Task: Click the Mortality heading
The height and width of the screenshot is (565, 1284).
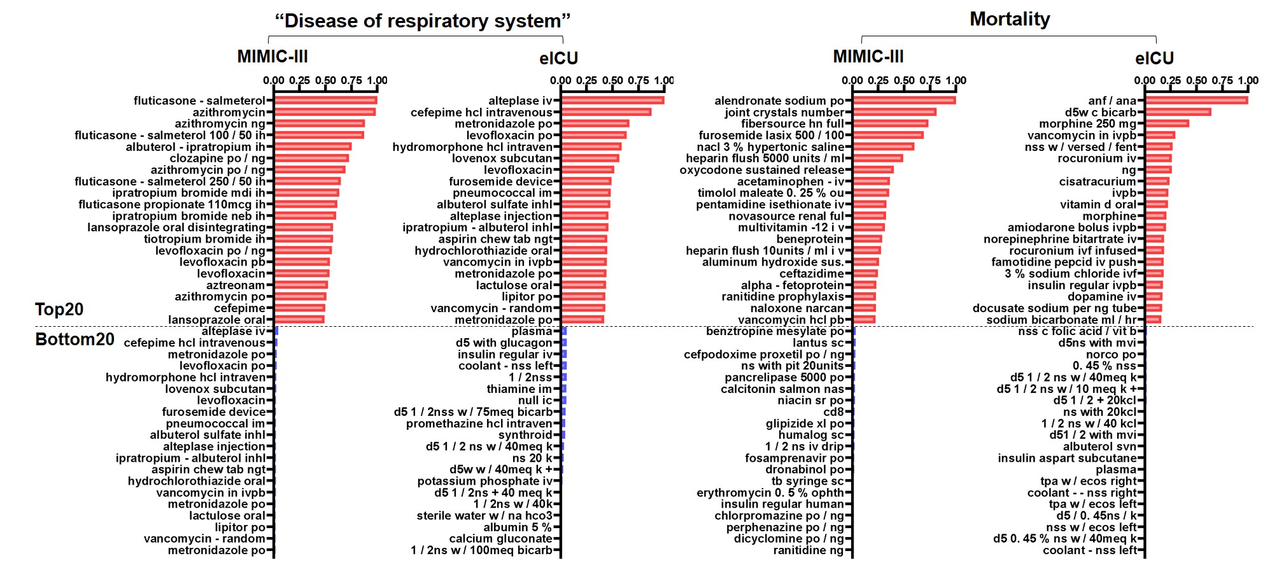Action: (1009, 19)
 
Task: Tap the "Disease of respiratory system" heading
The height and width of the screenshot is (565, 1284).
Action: (422, 21)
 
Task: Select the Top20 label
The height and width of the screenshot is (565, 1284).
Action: (59, 309)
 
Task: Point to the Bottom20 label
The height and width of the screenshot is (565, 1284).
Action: (74, 339)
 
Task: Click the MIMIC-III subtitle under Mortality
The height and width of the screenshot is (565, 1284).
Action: (868, 57)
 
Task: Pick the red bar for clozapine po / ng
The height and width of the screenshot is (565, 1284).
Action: (311, 158)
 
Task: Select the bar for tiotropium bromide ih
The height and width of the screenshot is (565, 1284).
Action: (304, 239)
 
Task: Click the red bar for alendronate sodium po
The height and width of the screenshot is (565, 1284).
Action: (904, 100)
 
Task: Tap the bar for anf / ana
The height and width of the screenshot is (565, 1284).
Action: (1196, 100)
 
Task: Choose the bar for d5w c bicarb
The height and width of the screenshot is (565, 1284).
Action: (1178, 112)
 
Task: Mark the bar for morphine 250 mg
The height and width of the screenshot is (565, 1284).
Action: (1167, 124)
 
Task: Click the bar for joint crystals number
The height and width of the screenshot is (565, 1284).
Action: (894, 112)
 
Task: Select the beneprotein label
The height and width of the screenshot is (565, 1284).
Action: (810, 239)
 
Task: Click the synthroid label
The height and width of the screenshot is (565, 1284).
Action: (525, 435)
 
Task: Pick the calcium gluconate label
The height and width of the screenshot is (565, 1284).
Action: (500, 539)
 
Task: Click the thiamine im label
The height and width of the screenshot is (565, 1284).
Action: (519, 389)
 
